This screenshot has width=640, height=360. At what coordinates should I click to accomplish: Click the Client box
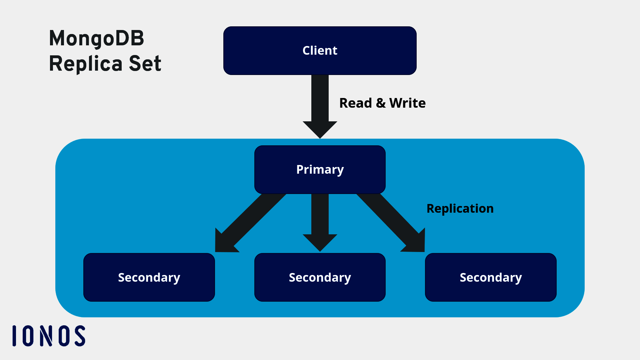(x=320, y=51)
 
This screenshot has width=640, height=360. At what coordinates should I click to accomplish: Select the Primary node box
(x=320, y=169)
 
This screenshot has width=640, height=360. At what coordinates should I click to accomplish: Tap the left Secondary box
(x=149, y=277)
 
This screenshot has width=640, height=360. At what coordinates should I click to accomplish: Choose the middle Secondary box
(x=320, y=277)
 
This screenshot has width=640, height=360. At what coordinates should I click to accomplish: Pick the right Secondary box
(x=491, y=277)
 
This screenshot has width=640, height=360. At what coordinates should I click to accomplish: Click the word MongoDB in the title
(x=96, y=39)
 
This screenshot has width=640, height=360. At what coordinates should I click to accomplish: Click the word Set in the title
(x=145, y=64)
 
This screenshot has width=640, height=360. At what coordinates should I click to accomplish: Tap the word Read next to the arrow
(x=355, y=103)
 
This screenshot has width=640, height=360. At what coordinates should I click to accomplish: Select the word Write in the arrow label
(x=407, y=103)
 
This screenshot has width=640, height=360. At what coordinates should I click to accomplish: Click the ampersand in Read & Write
(x=381, y=103)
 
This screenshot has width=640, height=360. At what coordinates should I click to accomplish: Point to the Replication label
(x=460, y=209)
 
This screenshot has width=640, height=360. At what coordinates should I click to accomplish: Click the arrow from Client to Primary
(x=320, y=103)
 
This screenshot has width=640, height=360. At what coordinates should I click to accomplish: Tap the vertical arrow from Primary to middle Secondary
(x=320, y=220)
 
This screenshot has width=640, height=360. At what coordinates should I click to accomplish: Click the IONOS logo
(x=49, y=336)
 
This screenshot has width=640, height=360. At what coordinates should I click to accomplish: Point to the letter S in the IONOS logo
(x=80, y=336)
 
